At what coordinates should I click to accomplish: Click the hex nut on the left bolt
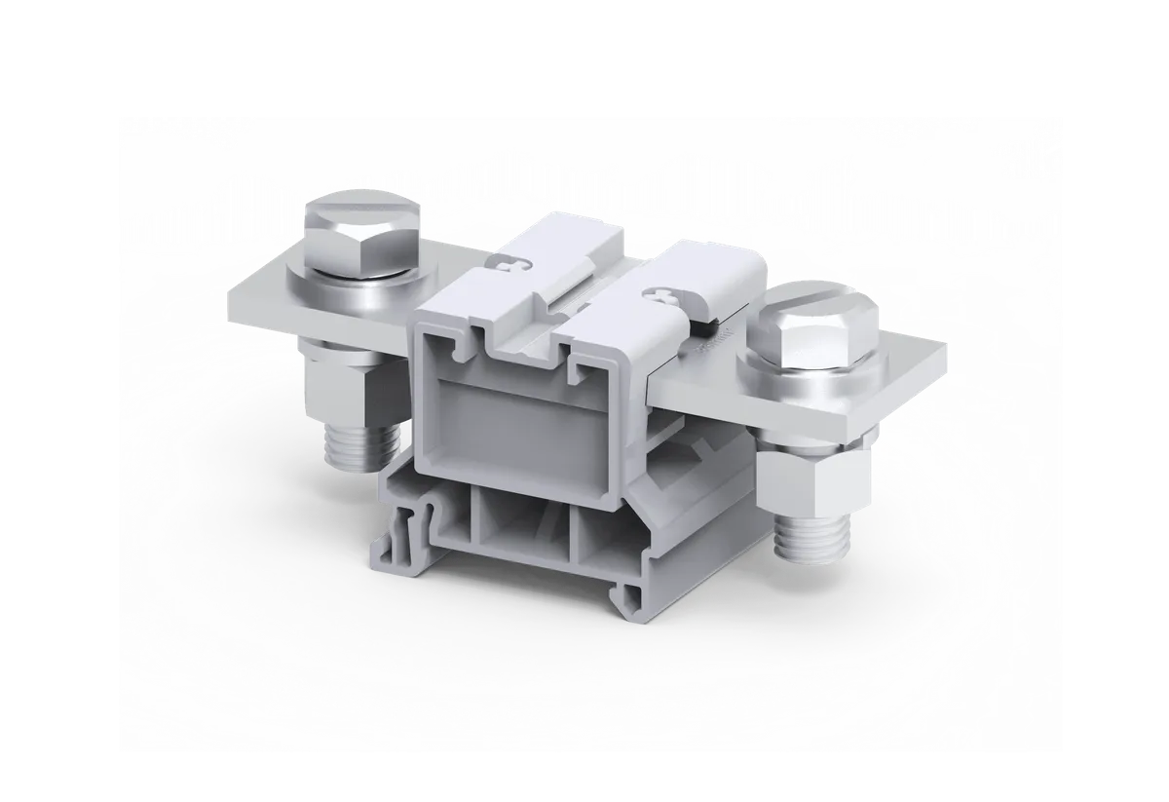[352, 385]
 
